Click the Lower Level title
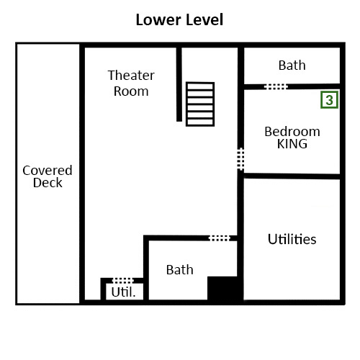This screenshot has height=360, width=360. tap(179, 19)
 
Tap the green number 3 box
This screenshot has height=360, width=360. tap(329, 100)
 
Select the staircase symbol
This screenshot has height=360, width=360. tap(200, 104)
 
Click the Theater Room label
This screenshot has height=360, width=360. tap(131, 83)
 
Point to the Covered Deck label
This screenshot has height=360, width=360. tap(48, 176)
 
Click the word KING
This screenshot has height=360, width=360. tap(292, 143)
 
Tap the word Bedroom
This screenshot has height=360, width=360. tap(292, 131)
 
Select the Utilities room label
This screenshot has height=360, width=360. tap(292, 239)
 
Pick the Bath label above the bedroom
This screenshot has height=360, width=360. tap(292, 65)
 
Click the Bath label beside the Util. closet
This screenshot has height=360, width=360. tap(179, 270)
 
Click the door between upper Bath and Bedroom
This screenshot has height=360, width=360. tap(276, 86)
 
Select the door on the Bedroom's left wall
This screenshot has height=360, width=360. tap(240, 158)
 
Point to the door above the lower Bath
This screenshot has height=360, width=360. tap(220, 238)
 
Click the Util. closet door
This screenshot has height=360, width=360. tap(123, 280)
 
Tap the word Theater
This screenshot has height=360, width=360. tap(131, 75)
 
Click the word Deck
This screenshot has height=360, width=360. tap(48, 183)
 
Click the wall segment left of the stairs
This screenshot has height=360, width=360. tap(179, 85)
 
